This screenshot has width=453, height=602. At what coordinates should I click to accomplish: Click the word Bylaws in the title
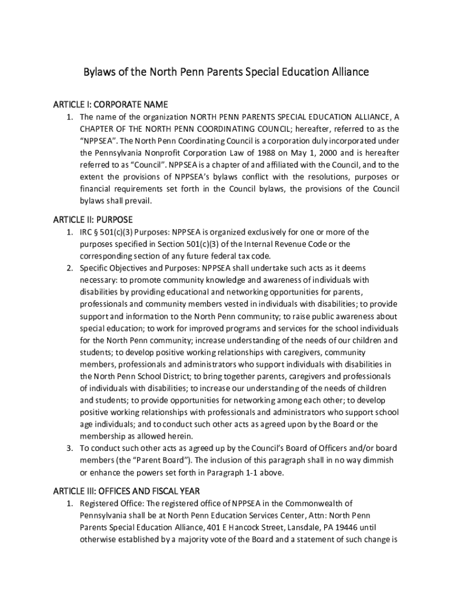(x=98, y=72)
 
